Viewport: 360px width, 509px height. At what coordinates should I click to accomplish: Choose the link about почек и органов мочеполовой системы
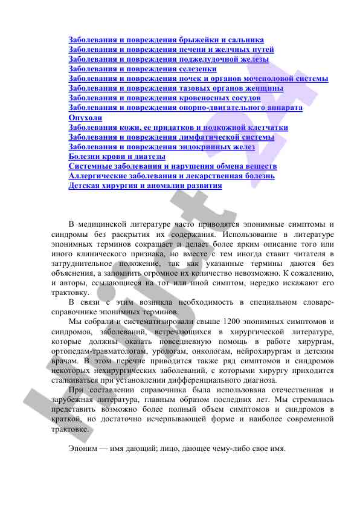point(198,79)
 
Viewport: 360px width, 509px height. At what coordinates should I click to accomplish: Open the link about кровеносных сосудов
point(164,98)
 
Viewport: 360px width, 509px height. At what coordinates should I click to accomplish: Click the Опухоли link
point(85,118)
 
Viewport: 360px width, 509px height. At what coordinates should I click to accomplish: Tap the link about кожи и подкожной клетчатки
point(178,128)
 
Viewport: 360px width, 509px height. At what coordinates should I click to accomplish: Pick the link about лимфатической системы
point(171,137)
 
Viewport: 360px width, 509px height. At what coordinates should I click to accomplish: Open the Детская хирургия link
point(145,186)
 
